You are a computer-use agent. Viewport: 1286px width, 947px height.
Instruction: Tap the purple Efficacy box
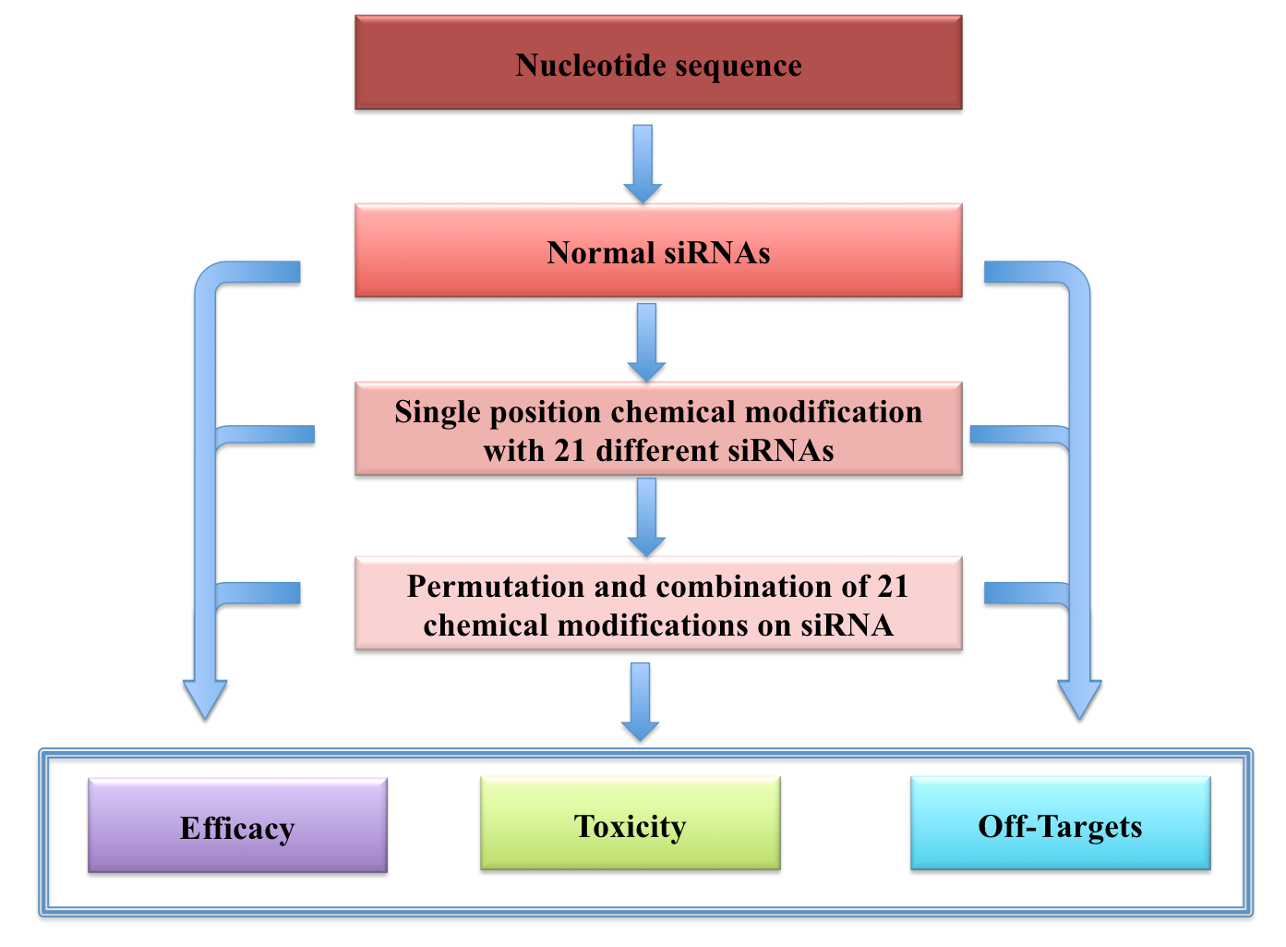237,825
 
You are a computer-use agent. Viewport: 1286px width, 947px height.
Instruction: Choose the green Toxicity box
630,823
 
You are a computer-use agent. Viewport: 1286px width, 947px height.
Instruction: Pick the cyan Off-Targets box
1060,823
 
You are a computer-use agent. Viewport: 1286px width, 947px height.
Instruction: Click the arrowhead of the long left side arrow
205,698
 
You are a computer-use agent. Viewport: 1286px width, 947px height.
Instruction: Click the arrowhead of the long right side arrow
1078,698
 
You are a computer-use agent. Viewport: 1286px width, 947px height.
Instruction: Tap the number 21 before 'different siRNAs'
571,451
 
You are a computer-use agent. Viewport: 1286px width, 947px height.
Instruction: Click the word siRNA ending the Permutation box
847,625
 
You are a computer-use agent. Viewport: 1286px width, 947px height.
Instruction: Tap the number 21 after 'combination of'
893,587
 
